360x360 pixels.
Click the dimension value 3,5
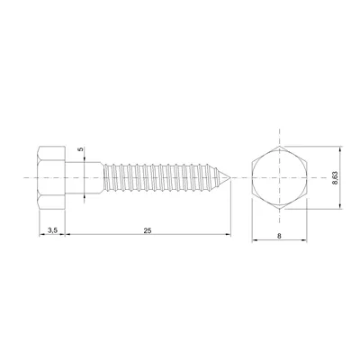(x=53, y=231)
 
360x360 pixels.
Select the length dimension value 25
(x=147, y=231)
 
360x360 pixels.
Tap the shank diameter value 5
(x=80, y=149)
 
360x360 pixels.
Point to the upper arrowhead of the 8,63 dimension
(x=339, y=147)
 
